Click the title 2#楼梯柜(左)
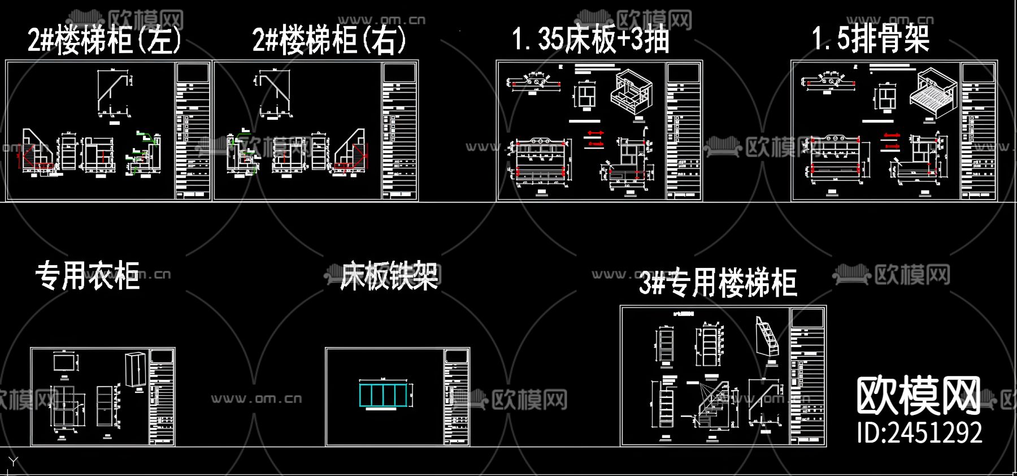pyautogui.click(x=105, y=40)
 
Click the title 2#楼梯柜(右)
pyautogui.click(x=329, y=40)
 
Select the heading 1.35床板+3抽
pyautogui.click(x=590, y=39)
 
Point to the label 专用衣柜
pyautogui.click(x=88, y=276)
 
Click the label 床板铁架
pyautogui.click(x=389, y=276)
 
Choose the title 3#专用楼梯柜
pyautogui.click(x=718, y=283)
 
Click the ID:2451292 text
pyautogui.click(x=919, y=432)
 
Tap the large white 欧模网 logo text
pyautogui.click(x=918, y=396)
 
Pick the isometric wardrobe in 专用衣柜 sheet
pyautogui.click(x=136, y=369)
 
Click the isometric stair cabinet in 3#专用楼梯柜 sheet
pyautogui.click(x=767, y=337)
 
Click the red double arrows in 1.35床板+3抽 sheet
pyautogui.click(x=594, y=139)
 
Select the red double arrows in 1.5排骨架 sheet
pyautogui.click(x=892, y=141)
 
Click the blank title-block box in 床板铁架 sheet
pyautogui.click(x=457, y=356)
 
